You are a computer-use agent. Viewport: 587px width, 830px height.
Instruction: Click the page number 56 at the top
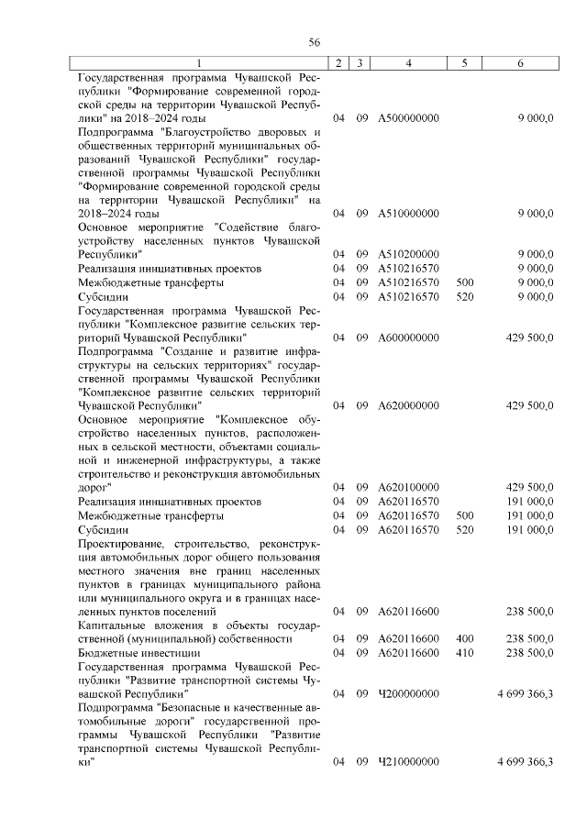coord(314,43)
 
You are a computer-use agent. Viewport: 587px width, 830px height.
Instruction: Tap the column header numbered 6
coord(521,63)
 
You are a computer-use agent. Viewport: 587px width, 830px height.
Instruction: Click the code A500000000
coord(408,119)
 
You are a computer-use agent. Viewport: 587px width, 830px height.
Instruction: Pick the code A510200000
coord(408,254)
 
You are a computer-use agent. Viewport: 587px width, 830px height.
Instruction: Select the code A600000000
coord(408,338)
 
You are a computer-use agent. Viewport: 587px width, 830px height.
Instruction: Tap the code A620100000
coord(408,487)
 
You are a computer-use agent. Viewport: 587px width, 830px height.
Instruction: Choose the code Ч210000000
coord(408,762)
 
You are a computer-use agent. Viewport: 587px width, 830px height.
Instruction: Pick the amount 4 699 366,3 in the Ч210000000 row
coord(525,762)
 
